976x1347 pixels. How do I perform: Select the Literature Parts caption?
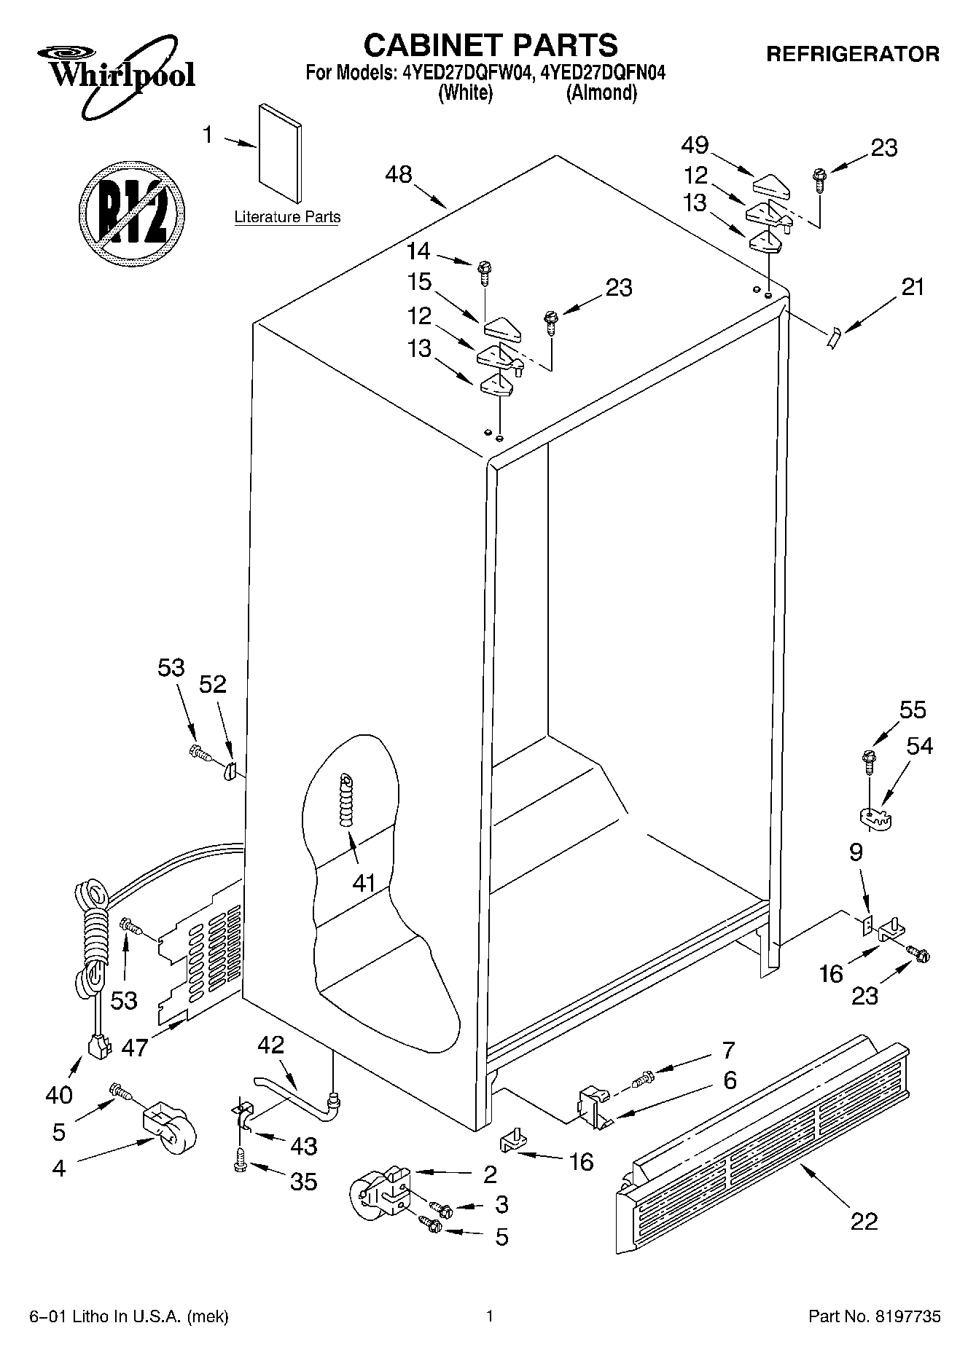click(287, 217)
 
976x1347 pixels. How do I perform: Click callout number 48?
click(400, 175)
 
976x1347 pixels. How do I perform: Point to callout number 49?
click(695, 146)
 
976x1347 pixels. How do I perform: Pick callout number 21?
click(913, 287)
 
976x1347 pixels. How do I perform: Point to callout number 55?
click(913, 710)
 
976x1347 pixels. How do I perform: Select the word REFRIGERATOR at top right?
click(852, 54)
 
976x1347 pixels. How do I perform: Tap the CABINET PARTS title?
click(491, 45)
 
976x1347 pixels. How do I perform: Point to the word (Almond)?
click(602, 93)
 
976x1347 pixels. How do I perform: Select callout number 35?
click(303, 1181)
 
